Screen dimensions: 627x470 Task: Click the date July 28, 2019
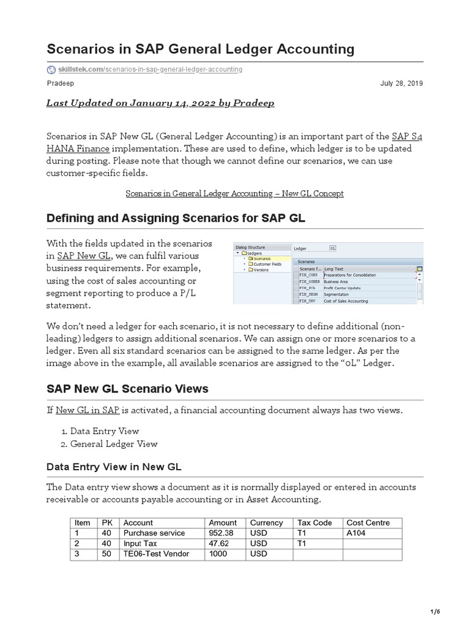[402, 83]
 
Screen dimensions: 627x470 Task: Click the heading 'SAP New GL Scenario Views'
[127, 389]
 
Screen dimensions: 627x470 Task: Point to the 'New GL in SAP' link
[88, 410]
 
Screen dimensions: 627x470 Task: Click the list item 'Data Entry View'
[105, 431]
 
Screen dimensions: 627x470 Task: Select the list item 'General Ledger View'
[114, 444]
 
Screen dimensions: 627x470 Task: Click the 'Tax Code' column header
[314, 522]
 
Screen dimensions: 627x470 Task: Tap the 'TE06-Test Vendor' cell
[156, 554]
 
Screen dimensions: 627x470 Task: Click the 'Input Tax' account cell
[141, 544]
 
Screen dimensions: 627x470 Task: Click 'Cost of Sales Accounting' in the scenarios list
[346, 301]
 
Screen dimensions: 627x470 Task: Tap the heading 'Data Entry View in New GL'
[114, 467]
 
